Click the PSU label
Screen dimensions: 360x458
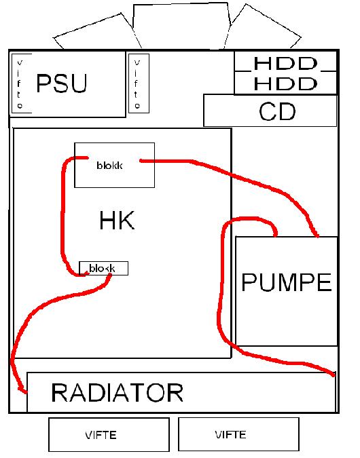62,83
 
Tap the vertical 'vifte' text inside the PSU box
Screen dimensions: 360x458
20,84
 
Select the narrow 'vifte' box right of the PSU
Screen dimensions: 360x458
139,83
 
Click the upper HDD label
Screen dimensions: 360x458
285,63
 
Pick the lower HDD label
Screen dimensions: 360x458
285,84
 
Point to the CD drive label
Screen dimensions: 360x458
277,111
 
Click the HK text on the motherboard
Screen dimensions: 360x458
117,221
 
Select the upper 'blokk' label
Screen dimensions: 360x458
109,166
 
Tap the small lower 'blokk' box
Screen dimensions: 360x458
103,268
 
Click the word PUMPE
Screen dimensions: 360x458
287,282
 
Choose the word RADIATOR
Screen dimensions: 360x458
118,392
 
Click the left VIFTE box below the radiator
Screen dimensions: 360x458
109,435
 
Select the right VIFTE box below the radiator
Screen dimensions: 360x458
238,435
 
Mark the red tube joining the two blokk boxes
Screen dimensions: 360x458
62,216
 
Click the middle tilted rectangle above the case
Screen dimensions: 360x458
181,26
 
